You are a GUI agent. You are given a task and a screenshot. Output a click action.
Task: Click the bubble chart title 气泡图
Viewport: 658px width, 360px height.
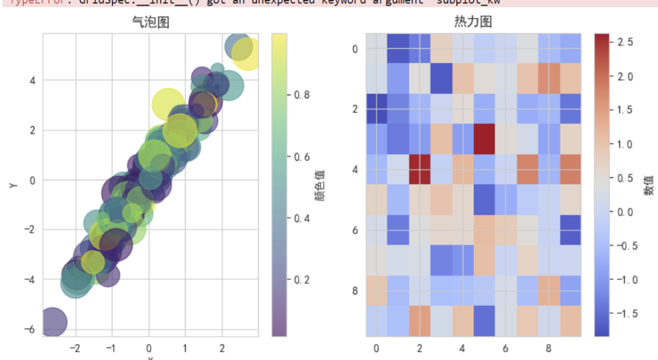150,22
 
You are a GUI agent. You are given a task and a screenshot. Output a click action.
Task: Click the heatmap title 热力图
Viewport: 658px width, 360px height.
473,22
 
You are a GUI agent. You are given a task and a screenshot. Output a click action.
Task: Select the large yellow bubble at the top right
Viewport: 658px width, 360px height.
245,54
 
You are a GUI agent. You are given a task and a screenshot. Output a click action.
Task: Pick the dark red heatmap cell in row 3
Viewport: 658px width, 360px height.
484,139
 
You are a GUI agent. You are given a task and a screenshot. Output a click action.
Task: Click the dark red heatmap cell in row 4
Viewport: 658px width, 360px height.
419,169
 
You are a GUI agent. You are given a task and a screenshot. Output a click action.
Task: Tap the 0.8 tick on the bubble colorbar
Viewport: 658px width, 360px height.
303,94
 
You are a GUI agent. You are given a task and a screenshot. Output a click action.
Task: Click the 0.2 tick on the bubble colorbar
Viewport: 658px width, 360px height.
303,280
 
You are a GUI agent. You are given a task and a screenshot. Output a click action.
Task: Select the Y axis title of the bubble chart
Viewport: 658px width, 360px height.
13,184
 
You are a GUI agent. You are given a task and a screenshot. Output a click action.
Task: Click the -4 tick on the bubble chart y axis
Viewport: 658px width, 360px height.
30,280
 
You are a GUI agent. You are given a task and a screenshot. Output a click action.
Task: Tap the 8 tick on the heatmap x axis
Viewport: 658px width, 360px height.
548,348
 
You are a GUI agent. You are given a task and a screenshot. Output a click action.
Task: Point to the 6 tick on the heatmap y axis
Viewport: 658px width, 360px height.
355,230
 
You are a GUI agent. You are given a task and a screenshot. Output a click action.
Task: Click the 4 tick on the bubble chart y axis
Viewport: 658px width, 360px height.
32,80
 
